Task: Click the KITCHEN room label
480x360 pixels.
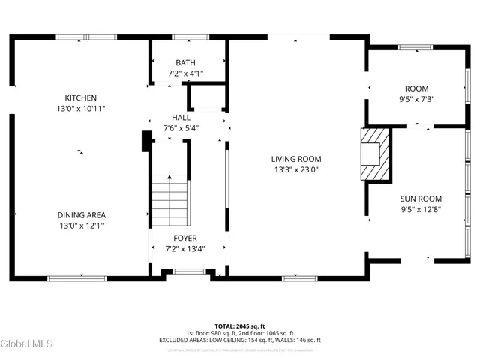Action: [80, 97]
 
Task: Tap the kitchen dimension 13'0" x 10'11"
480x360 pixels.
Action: [80, 109]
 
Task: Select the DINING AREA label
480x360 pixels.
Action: [80, 214]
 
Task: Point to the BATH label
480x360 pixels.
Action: [185, 62]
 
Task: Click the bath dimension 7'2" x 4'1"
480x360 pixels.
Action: [185, 73]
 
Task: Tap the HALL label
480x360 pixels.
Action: [181, 118]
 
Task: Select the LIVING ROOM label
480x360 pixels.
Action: [296, 158]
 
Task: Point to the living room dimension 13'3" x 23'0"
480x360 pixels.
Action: [296, 169]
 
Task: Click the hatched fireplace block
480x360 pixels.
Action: [374, 154]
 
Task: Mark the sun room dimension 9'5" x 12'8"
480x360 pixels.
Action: [420, 209]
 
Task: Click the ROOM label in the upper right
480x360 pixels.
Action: [416, 88]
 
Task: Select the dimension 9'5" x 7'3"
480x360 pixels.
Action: [416, 99]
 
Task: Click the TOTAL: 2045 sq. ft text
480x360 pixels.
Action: [239, 326]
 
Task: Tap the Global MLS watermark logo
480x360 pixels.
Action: [27, 344]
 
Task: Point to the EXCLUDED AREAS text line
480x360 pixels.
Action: [239, 340]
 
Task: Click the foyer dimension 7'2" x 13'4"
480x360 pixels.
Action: [185, 249]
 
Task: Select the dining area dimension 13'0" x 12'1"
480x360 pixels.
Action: [80, 226]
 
